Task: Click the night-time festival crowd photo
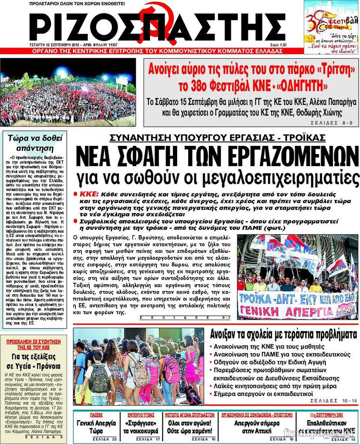click(x=68, y=92)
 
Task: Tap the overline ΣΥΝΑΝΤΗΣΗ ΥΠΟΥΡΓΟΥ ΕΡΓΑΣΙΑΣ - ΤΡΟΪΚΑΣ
click(x=217, y=137)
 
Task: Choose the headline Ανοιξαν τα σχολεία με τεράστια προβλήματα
click(x=283, y=334)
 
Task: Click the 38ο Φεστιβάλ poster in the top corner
click(x=331, y=27)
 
